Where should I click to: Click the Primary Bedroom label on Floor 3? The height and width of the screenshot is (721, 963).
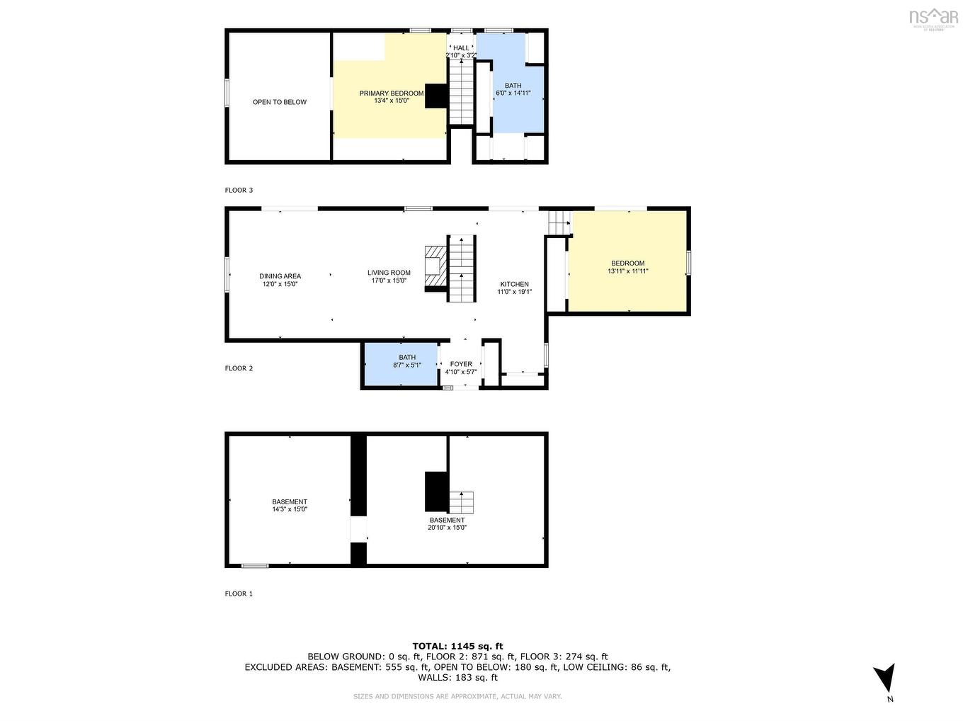391,93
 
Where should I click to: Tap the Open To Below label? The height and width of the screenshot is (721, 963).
280,102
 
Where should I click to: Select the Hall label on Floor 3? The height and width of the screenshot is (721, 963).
461,48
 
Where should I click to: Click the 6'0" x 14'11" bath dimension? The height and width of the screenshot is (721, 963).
513,93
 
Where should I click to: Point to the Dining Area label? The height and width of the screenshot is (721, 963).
280,276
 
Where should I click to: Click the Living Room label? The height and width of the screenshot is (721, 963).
389,273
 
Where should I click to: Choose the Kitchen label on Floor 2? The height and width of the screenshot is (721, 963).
514,284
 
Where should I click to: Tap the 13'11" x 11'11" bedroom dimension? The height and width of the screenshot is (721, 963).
627,271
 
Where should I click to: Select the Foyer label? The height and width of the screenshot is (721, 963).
461,364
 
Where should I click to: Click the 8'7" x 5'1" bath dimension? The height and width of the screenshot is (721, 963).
407,365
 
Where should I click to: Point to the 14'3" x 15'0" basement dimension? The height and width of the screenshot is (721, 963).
290,509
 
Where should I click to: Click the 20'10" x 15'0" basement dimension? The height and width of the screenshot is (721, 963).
447,527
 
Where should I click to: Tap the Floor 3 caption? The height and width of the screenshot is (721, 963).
239,190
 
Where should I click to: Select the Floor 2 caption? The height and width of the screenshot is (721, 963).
239,368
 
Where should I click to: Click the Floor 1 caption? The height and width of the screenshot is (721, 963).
239,594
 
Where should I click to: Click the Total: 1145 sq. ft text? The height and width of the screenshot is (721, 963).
457,646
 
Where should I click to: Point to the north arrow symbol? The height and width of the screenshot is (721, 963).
884,678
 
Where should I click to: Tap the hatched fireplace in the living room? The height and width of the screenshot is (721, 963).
434,268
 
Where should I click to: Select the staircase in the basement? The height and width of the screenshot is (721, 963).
461,502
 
